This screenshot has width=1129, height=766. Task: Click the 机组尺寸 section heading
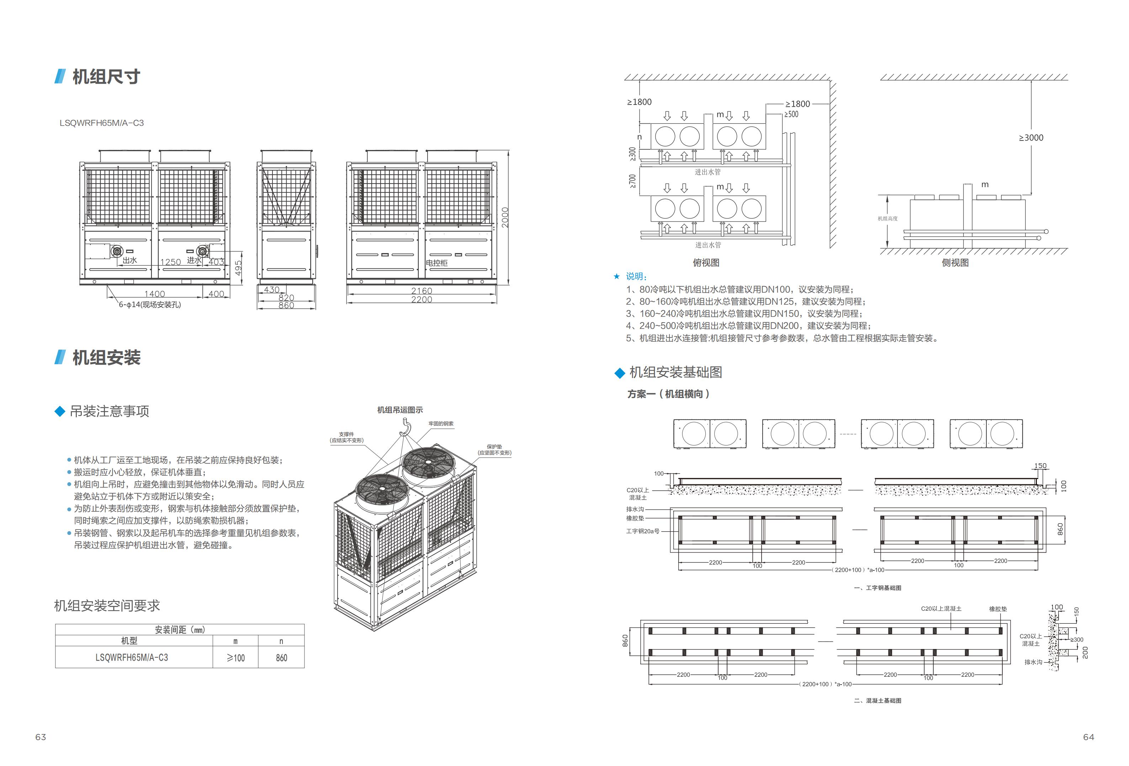[106, 77]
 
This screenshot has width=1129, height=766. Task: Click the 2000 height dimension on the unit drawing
[505, 217]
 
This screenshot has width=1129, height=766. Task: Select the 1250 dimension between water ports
[170, 262]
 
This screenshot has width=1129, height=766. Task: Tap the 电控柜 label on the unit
[437, 263]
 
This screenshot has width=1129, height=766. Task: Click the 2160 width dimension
[421, 291]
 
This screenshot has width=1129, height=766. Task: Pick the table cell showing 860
[281, 658]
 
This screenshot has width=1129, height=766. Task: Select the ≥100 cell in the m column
[235, 658]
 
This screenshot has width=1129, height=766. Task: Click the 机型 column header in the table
[129, 641]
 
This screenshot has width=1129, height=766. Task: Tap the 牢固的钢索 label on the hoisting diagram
[441, 424]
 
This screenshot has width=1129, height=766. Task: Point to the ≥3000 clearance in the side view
[1031, 138]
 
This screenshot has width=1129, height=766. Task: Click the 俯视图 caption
[706, 263]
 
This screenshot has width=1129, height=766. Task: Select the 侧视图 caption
[955, 263]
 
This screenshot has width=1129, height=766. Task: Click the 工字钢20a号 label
[643, 531]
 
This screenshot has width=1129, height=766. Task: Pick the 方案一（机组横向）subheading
[668, 394]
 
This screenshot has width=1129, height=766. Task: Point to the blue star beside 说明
[616, 276]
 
